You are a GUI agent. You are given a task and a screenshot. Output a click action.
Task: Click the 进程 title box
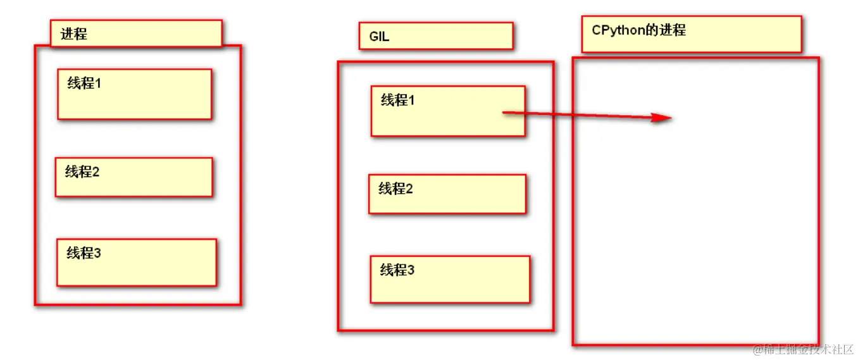pyautogui.click(x=136, y=34)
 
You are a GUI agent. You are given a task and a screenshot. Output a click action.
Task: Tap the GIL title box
pyautogui.click(x=435, y=36)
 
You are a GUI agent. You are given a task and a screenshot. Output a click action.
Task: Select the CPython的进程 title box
pyautogui.click(x=691, y=34)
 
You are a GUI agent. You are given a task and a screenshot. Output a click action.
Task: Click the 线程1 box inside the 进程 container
pyautogui.click(x=134, y=94)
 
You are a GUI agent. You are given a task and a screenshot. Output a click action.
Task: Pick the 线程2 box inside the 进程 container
pyautogui.click(x=134, y=177)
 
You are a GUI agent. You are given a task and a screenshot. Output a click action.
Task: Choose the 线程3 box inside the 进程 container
pyautogui.click(x=136, y=263)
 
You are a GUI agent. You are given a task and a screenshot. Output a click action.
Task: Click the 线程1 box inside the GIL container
pyautogui.click(x=448, y=111)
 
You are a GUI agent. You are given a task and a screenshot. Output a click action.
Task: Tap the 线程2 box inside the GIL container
pyautogui.click(x=447, y=194)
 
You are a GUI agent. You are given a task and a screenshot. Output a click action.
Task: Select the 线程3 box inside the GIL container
pyautogui.click(x=450, y=279)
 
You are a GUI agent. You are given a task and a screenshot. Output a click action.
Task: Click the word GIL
pyautogui.click(x=380, y=37)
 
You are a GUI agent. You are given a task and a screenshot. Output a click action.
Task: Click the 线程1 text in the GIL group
pyautogui.click(x=398, y=100)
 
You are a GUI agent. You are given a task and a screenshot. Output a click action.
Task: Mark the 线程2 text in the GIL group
pyautogui.click(x=396, y=189)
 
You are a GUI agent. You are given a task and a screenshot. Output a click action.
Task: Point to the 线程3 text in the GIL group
pyautogui.click(x=397, y=271)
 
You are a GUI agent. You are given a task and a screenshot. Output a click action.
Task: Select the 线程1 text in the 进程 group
pyautogui.click(x=84, y=83)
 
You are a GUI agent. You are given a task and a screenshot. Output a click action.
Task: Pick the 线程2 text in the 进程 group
pyautogui.click(x=82, y=171)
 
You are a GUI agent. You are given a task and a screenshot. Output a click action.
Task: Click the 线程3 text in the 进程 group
pyautogui.click(x=84, y=254)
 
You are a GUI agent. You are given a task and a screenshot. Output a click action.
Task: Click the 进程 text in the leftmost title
pyautogui.click(x=74, y=34)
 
